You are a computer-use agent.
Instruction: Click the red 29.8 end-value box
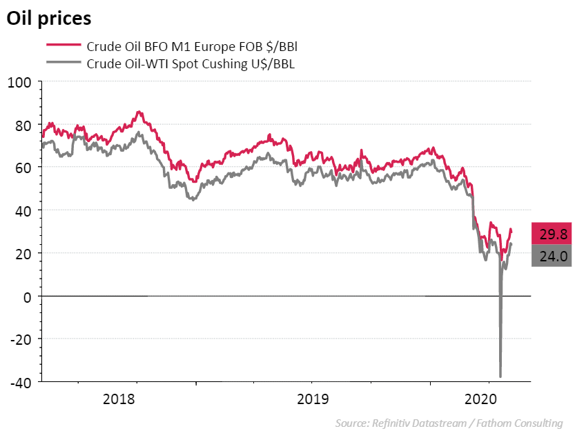pos(552,234)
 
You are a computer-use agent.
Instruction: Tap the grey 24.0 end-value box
pos(552,257)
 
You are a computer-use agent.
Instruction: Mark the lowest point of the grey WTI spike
pos(500,377)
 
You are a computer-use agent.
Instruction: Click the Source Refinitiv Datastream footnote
pos(449,423)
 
